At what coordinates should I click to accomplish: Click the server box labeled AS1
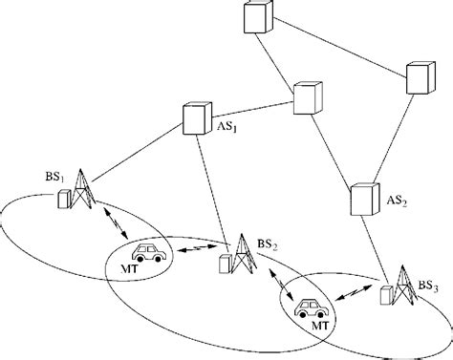(196, 118)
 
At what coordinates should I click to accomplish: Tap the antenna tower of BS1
(84, 189)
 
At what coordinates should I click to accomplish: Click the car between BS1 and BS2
(149, 253)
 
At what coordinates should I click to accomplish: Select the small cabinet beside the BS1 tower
(64, 200)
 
